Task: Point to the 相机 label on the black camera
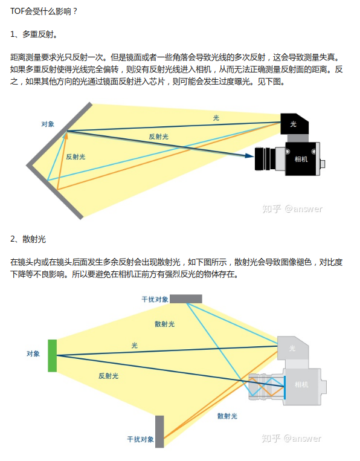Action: [x=300, y=159]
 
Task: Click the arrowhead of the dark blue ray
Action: [x=248, y=155]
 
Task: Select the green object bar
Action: [x=53, y=355]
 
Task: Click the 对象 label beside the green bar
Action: [x=33, y=353]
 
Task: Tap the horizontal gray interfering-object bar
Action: [x=186, y=298]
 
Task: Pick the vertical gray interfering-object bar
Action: [x=159, y=431]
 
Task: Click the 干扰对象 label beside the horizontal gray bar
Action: [x=155, y=299]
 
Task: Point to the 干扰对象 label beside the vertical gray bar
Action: [x=140, y=439]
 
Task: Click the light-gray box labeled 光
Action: [x=294, y=349]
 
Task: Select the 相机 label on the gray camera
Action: [x=301, y=384]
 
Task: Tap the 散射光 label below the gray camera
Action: [x=227, y=416]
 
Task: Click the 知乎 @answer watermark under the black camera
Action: [x=292, y=209]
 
